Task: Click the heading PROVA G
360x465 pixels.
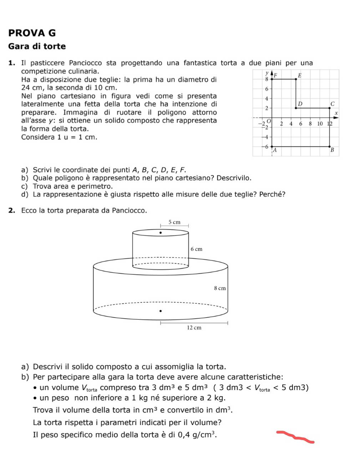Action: tap(32, 33)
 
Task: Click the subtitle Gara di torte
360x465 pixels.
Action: tap(37, 46)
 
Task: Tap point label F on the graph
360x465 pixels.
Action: tap(275, 75)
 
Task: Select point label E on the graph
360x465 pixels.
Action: tap(300, 75)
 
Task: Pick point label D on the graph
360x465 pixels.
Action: tap(300, 103)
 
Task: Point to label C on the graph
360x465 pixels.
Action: tap(333, 104)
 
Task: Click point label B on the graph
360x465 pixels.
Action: tap(332, 150)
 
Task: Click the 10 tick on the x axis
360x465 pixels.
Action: tap(320, 124)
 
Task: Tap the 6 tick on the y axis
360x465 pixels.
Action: tap(267, 89)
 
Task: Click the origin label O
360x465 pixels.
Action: tap(269, 122)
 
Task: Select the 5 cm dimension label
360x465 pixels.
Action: tap(174, 222)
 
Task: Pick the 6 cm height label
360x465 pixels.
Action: tap(196, 249)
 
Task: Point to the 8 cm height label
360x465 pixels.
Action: tap(220, 288)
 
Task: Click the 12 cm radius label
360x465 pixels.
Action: tap(194, 328)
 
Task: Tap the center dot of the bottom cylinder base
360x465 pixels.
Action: tap(161, 311)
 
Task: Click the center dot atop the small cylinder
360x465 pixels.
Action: tap(161, 233)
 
